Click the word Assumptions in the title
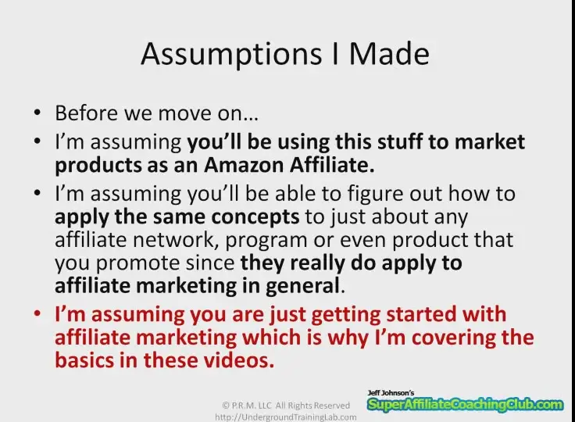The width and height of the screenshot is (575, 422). (x=231, y=55)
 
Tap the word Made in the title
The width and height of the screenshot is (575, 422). (x=389, y=53)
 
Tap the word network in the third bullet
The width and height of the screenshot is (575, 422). (x=173, y=240)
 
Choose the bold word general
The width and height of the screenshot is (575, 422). (x=302, y=286)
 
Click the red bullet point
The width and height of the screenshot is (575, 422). (x=37, y=313)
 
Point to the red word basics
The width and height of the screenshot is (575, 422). (x=84, y=360)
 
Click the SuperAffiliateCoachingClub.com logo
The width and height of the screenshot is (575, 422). (x=466, y=404)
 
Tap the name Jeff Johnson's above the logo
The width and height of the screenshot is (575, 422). (x=391, y=393)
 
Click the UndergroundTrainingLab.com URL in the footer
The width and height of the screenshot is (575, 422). (x=286, y=417)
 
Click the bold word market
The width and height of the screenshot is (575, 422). (x=490, y=141)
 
